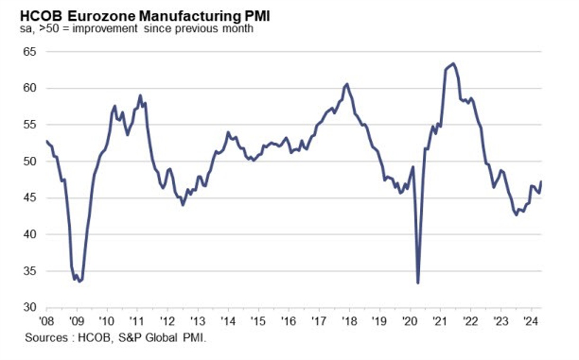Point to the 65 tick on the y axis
click(29, 52)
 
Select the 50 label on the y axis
click(29, 162)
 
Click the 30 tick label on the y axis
click(29, 308)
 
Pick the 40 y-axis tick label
click(29, 235)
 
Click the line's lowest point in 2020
click(418, 283)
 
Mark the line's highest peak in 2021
click(453, 64)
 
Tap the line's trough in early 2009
click(80, 281)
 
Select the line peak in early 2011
click(140, 95)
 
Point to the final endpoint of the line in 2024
click(542, 181)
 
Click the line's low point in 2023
click(516, 214)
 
